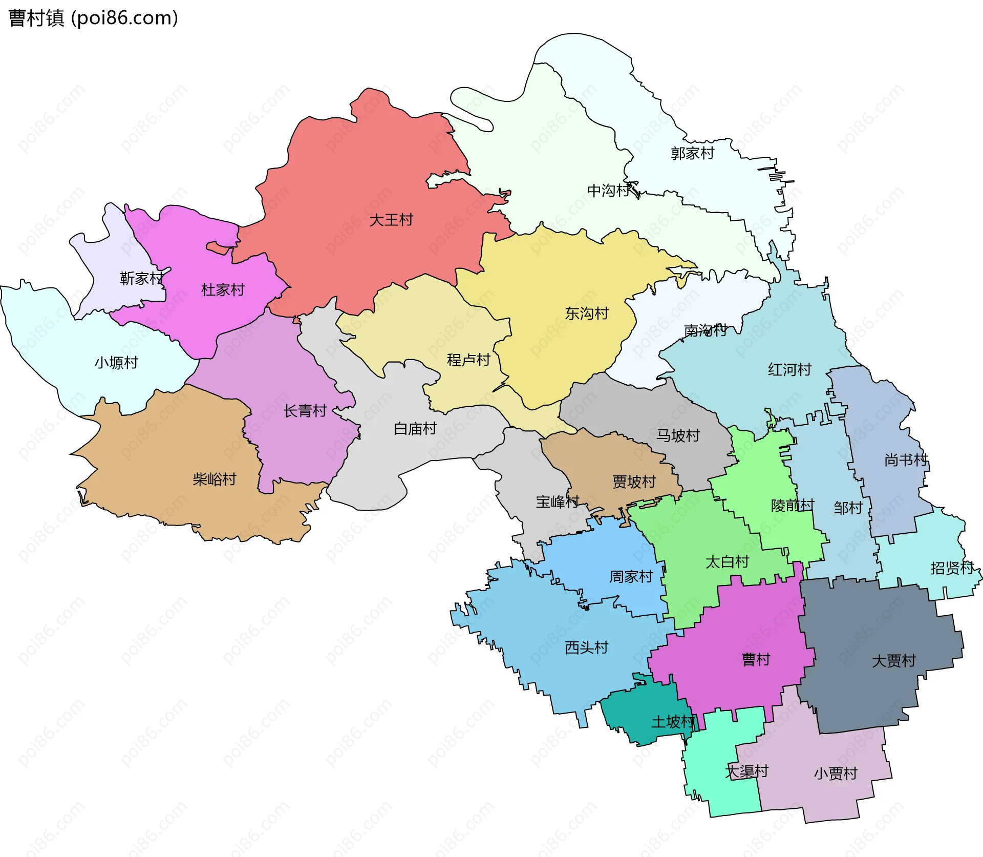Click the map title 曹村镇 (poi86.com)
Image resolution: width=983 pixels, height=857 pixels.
[x=93, y=18]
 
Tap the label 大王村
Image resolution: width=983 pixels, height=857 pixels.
[x=391, y=220]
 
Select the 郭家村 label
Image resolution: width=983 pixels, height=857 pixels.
[x=692, y=153]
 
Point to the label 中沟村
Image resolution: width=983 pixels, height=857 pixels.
[x=608, y=191]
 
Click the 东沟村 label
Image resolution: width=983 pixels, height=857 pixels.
[x=586, y=313]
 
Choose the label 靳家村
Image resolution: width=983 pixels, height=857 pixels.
[x=141, y=279]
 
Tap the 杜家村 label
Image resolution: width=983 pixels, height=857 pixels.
[x=223, y=290]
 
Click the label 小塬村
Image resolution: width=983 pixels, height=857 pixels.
[x=116, y=363]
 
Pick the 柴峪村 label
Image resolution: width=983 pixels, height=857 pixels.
[x=214, y=479]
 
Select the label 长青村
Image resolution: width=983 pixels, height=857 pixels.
[x=305, y=411]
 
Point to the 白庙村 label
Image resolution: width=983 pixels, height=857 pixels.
[x=415, y=429]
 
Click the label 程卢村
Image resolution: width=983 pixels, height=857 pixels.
[x=468, y=360]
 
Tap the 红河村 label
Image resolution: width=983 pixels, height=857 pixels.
[x=789, y=370]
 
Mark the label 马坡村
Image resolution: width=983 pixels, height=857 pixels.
[x=678, y=436]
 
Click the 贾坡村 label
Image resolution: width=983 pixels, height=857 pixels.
[x=634, y=482]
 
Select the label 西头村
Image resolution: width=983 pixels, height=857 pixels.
[x=586, y=648]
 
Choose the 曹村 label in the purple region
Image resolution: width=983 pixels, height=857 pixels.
[x=756, y=660]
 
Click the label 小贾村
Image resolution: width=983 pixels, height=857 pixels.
[x=836, y=774]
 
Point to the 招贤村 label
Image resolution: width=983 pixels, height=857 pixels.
[x=952, y=568]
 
